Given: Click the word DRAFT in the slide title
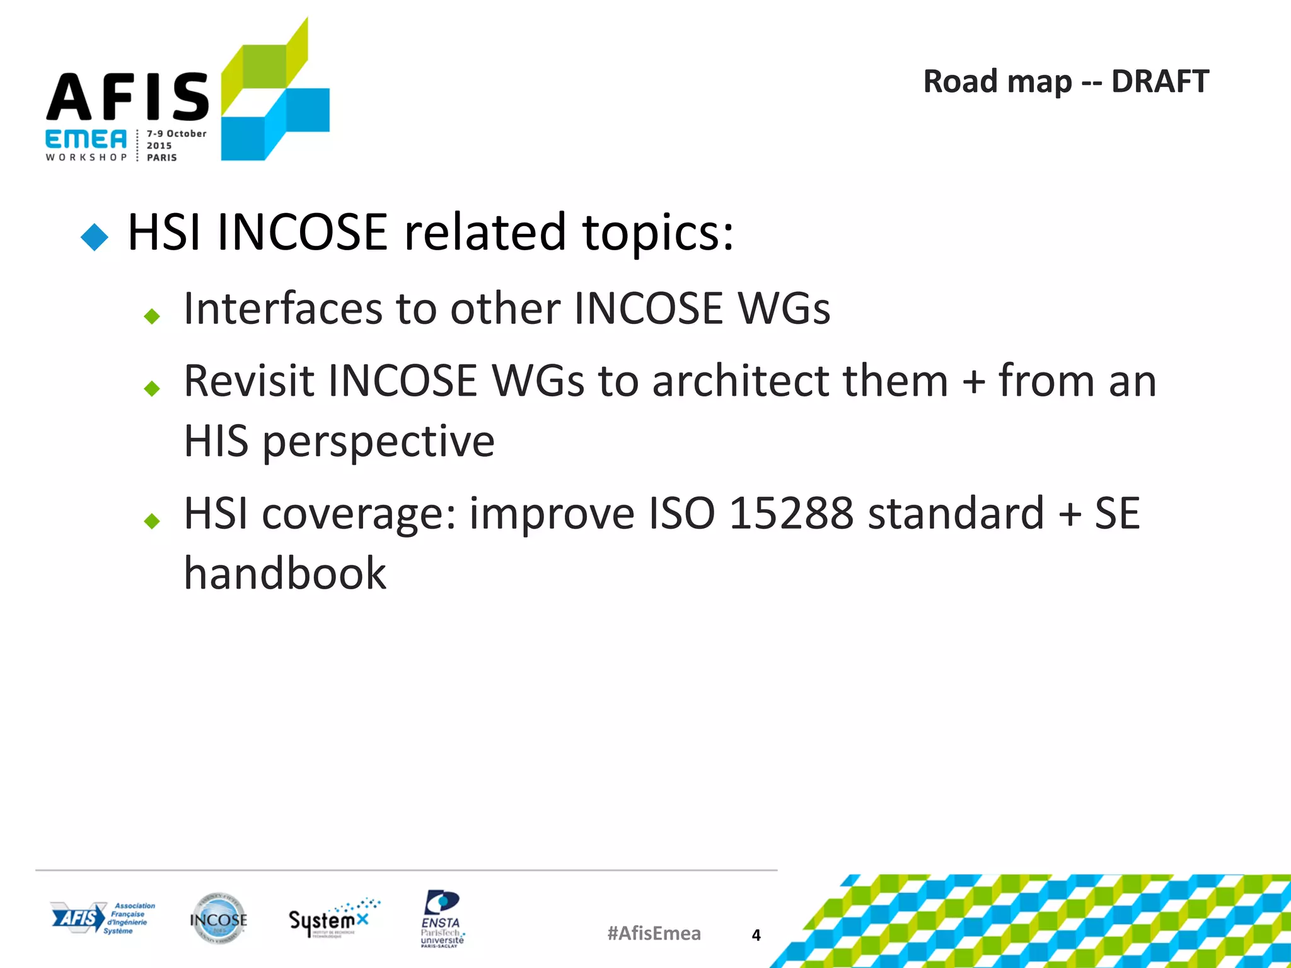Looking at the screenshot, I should (x=1159, y=82).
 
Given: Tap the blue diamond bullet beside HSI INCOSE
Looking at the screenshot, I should (x=95, y=238).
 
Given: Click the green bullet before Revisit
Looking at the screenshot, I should (x=152, y=388).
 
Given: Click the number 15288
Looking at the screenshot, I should (x=791, y=514).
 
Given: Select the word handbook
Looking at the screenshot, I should (x=285, y=574).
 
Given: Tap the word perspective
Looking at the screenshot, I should (x=378, y=442).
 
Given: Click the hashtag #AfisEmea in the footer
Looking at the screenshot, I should (x=654, y=933).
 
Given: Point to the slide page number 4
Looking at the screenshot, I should (x=756, y=935).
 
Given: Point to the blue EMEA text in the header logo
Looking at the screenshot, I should (x=86, y=139).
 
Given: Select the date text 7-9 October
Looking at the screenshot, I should (x=177, y=134).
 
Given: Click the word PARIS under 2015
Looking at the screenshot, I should (x=162, y=158).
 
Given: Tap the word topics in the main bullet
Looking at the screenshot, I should (x=658, y=233).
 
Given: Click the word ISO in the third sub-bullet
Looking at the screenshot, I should (x=682, y=514).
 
